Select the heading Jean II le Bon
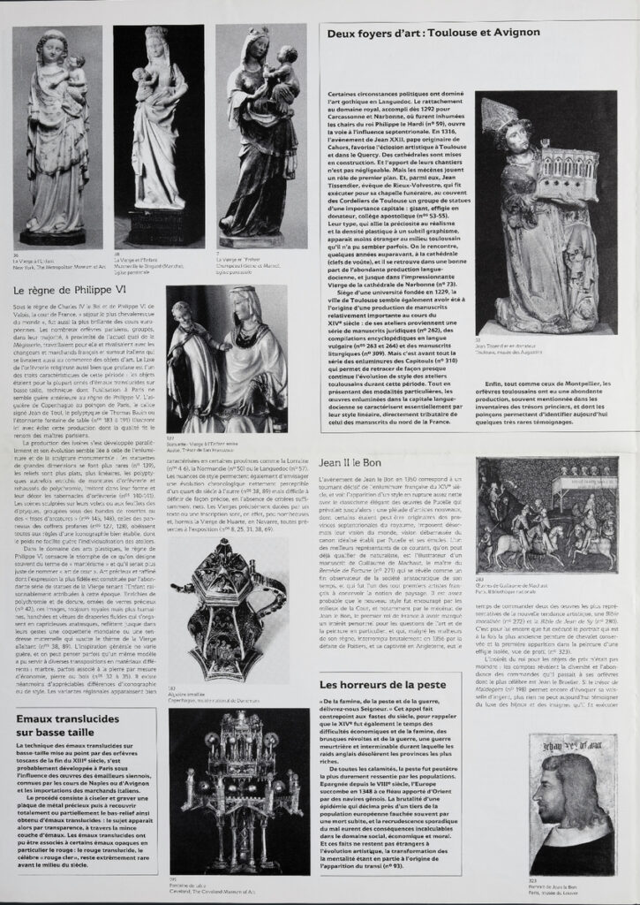click(350, 462)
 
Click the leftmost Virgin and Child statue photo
click(56, 137)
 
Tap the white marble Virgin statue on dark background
click(158, 137)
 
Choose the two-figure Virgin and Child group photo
click(225, 371)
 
